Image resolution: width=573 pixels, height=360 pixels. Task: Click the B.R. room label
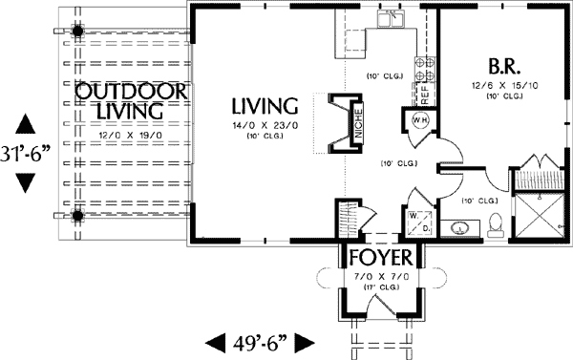pos(504,68)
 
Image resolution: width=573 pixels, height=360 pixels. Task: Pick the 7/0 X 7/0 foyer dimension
pos(379,275)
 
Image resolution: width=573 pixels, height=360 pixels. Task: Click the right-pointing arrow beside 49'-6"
pos(305,341)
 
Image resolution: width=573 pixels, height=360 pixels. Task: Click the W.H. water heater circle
pos(417,120)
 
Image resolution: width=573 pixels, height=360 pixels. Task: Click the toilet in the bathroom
pos(494,225)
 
